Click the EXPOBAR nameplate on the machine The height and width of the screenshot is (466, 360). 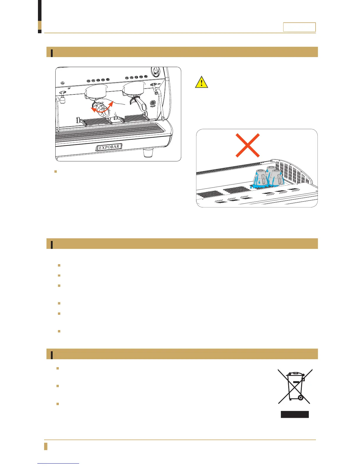(x=109, y=147)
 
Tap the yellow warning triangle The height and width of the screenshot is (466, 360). (x=201, y=82)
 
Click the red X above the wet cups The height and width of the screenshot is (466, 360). (x=248, y=145)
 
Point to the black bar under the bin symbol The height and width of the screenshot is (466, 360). (x=295, y=414)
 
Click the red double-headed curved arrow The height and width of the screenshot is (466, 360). (x=102, y=107)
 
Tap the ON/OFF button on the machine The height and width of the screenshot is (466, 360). (x=153, y=103)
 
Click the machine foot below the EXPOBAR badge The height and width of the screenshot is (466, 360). (x=149, y=153)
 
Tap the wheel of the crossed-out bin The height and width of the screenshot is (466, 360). (x=300, y=398)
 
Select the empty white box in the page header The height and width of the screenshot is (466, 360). (x=299, y=27)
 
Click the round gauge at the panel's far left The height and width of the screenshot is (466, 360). (x=62, y=83)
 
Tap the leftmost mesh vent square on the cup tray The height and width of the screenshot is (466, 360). (x=209, y=194)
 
